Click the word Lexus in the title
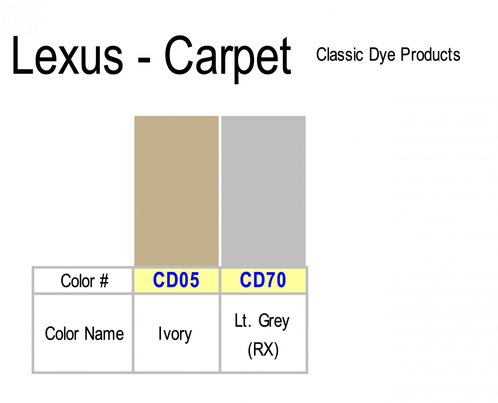pos(67,56)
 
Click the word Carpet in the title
pos(228,59)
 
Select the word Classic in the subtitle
pos(340,55)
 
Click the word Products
pos(430,55)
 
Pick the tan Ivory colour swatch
pos(176,191)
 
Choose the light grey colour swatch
pos(263,191)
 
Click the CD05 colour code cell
pos(176,280)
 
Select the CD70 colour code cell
pos(263,280)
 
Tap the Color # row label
pos(85,281)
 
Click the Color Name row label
pos(84,334)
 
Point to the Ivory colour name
pos(175,335)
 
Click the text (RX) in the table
pos(263,350)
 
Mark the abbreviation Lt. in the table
pos(243,320)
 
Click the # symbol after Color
pos(104,281)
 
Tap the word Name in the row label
pos(104,334)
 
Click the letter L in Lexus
pos(23,56)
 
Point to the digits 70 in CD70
pos(275,280)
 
